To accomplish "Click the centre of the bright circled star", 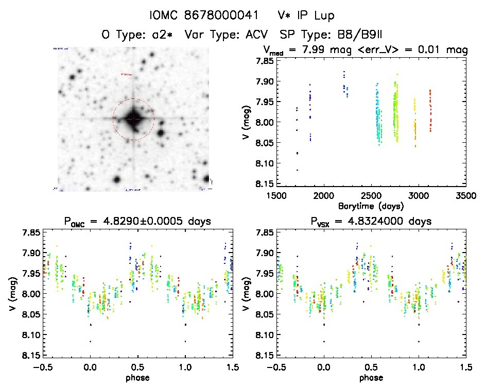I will tap(133, 119).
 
